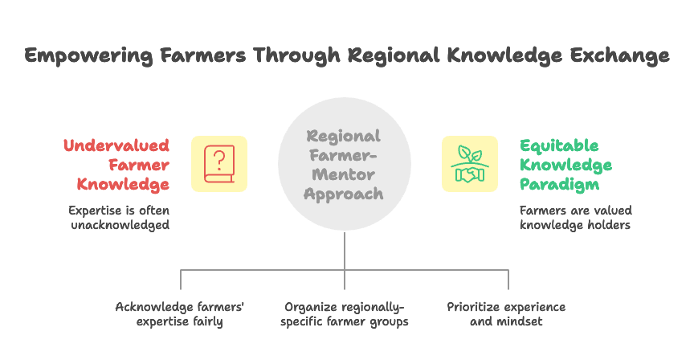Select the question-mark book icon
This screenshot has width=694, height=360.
click(x=219, y=164)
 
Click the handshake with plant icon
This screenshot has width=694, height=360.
click(x=470, y=164)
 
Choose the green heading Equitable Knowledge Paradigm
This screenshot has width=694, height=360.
click(x=565, y=165)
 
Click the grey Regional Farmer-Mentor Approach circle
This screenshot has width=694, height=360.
click(x=345, y=165)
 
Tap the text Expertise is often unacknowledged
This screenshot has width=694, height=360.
click(x=119, y=219)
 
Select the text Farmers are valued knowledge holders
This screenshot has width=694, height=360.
click(x=575, y=219)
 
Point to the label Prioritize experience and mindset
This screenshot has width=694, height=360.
click(x=506, y=314)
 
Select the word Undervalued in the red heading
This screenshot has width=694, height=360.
click(x=116, y=145)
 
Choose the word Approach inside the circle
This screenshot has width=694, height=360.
click(x=345, y=194)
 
